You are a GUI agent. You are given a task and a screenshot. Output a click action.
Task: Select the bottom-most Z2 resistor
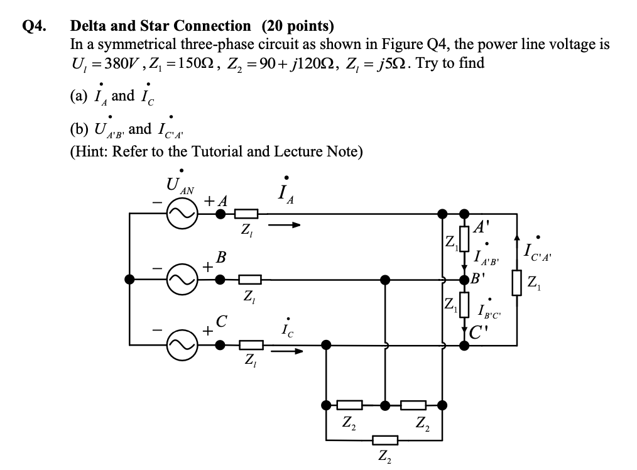click(x=384, y=439)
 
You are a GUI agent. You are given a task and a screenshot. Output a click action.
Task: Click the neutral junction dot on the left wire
click(x=129, y=280)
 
